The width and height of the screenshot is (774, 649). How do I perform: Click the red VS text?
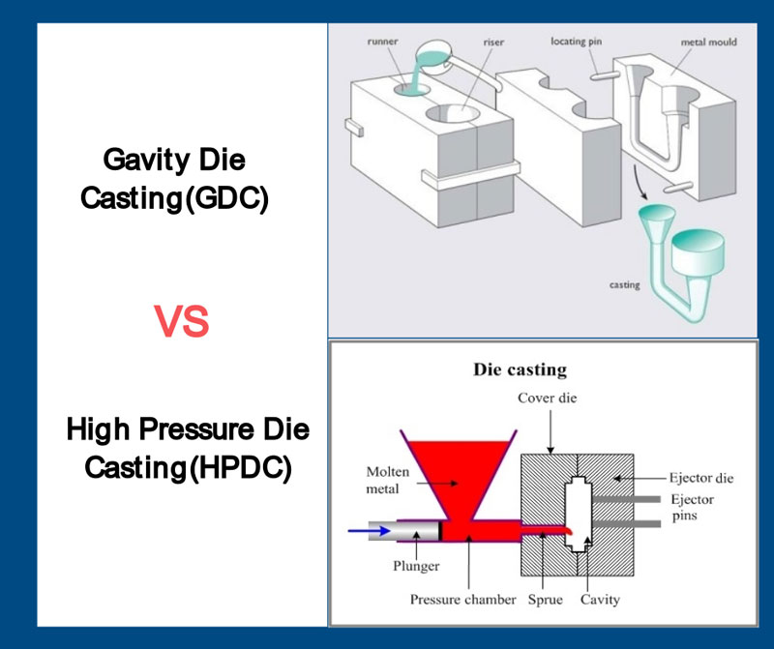(x=182, y=320)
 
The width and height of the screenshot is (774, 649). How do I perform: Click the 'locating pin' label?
(x=583, y=42)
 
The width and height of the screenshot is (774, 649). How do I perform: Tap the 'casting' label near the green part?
(x=624, y=285)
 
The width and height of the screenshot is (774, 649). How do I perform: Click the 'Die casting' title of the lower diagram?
(x=520, y=369)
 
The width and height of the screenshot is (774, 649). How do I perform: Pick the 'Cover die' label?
(x=549, y=398)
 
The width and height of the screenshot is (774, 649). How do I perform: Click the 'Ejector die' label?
(x=702, y=477)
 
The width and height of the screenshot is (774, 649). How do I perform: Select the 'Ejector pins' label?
(x=694, y=509)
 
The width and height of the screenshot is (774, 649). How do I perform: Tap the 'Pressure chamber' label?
(x=462, y=600)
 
